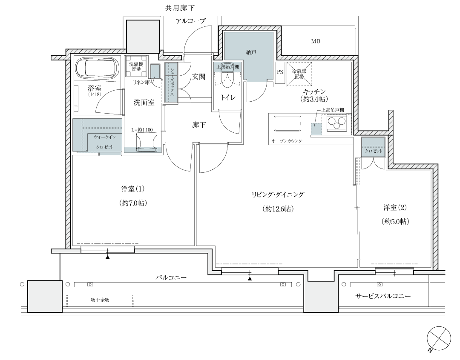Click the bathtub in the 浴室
[98, 69]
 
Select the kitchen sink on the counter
[287, 124]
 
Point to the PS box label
[280, 72]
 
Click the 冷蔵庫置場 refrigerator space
[299, 74]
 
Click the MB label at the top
[316, 41]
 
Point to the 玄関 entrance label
[198, 77]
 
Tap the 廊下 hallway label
[199, 125]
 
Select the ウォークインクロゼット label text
[105, 142]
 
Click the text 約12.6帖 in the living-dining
[278, 209]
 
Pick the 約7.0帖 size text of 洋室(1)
[133, 203]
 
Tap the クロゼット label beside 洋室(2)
[374, 151]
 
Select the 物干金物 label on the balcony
[100, 300]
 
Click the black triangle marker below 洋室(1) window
[108, 257]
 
